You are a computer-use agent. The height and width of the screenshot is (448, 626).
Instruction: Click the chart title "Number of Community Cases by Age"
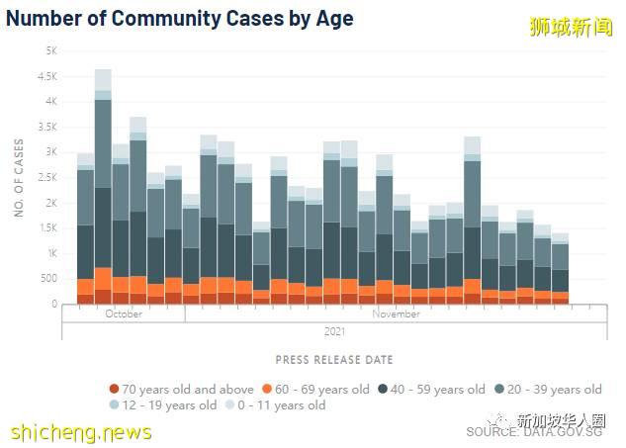click(x=179, y=18)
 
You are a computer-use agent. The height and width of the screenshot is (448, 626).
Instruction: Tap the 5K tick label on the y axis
click(x=50, y=50)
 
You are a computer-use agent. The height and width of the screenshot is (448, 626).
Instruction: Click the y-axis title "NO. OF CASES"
click(x=19, y=177)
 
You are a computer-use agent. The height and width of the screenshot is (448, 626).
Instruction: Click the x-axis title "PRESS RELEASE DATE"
click(x=334, y=360)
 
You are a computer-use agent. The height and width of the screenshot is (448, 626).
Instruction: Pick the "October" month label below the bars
click(x=123, y=314)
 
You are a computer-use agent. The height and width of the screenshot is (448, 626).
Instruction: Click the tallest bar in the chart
click(x=103, y=188)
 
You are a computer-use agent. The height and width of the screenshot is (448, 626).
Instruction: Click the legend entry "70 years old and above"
click(x=181, y=389)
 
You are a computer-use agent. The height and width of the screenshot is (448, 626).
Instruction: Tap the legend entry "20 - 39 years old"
click(x=551, y=389)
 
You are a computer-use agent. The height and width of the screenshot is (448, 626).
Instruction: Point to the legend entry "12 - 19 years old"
click(x=169, y=404)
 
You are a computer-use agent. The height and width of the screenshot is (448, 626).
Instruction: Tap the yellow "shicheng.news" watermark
click(x=81, y=432)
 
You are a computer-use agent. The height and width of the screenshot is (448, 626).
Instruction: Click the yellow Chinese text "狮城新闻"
click(x=572, y=28)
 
